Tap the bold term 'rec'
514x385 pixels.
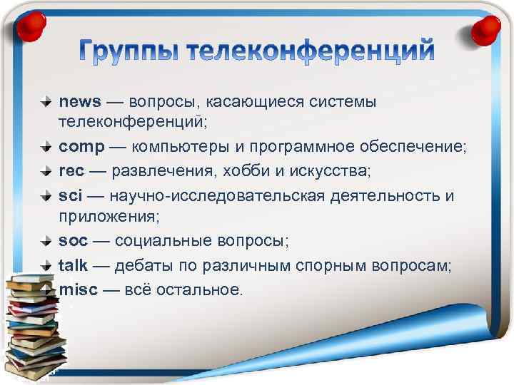[71, 171]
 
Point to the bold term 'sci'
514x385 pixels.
[70, 195]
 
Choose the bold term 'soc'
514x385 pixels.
[73, 241]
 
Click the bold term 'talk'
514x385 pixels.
[73, 265]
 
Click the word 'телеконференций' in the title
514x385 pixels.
[314, 52]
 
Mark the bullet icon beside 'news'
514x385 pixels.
[46, 102]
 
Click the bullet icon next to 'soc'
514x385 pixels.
[46, 241]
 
